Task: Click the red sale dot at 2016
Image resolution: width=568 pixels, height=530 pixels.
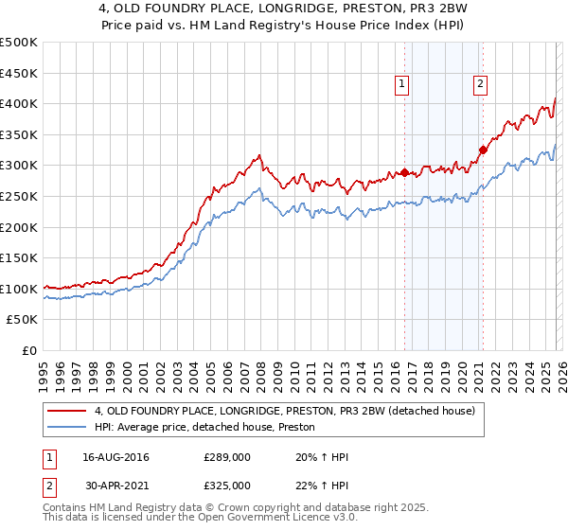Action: [404, 172]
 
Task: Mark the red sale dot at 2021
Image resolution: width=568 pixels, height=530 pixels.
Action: [483, 150]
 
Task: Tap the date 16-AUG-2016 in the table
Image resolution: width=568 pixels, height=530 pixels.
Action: [114, 457]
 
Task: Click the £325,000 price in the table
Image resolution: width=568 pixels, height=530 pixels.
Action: [227, 485]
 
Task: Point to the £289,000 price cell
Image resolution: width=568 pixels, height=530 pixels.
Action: [227, 457]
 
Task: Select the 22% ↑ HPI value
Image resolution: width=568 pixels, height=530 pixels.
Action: [323, 485]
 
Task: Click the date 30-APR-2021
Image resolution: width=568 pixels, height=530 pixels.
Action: [114, 485]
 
